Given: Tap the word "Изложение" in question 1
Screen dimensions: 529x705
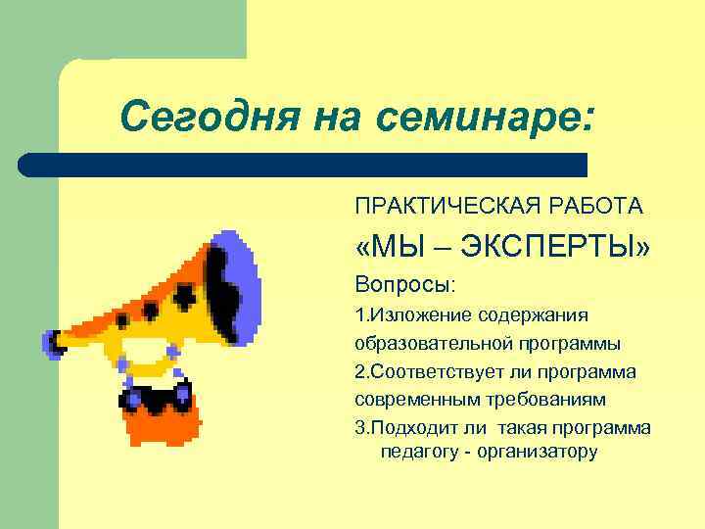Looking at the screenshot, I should tap(417, 315).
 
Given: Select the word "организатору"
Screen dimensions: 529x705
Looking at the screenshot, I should tap(537, 452).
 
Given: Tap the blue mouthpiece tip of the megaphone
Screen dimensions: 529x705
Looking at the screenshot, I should tap(49, 344).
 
